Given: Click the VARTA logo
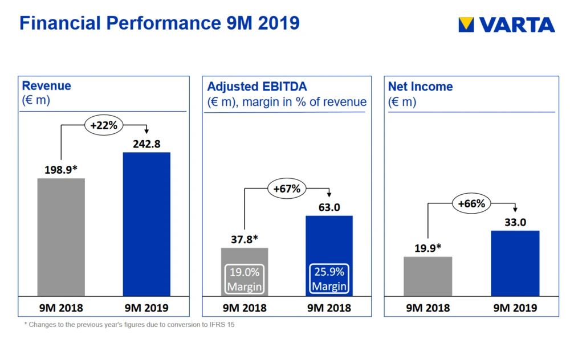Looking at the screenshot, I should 506,24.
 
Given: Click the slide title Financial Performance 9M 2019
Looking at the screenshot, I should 160,23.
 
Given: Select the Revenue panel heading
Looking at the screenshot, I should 46,86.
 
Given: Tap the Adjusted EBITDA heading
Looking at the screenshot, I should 256,87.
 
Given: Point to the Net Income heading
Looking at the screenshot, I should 420,87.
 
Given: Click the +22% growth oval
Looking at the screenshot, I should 104,125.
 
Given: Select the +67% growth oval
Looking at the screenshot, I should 287,189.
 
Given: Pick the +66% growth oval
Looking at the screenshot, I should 471,203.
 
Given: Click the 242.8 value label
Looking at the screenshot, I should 146,144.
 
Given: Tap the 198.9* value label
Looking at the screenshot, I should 61,169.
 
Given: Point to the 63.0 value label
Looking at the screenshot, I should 329,207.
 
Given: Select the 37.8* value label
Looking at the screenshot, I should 245,239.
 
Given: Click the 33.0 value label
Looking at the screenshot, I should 515,222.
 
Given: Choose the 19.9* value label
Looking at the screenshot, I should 427,248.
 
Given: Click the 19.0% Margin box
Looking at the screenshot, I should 245,279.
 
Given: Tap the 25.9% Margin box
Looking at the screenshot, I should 329,279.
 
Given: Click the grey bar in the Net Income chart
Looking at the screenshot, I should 427,276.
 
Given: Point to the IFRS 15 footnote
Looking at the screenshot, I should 129,325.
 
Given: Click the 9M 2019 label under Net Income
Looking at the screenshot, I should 515,308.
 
